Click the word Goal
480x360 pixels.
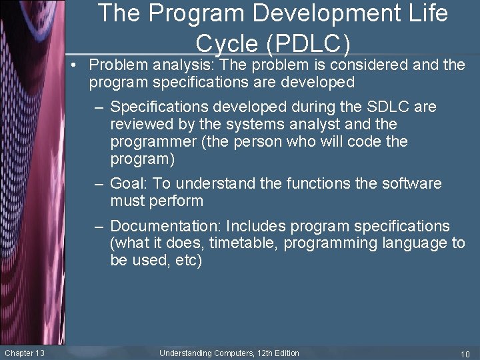[127, 183]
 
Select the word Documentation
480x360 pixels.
[167, 226]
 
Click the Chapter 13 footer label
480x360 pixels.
[25, 353]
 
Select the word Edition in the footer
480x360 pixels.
[285, 353]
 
